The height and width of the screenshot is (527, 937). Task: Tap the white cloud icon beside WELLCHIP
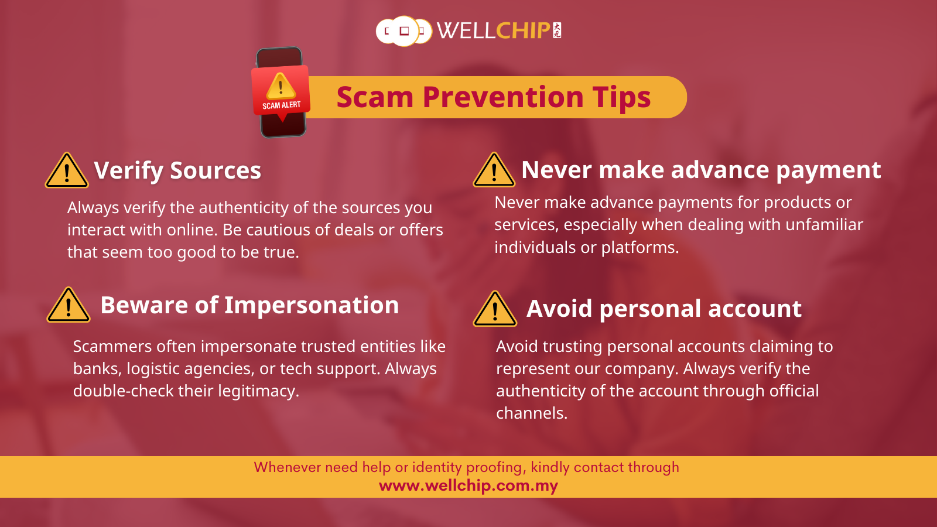point(403,31)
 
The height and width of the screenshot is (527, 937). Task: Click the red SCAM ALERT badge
point(281,91)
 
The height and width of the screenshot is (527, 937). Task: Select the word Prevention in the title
point(503,97)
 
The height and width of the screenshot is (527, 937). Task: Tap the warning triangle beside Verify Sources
point(67,170)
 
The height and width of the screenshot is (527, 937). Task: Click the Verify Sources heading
point(177,170)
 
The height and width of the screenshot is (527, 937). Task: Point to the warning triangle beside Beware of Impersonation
point(69,305)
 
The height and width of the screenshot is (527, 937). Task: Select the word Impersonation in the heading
point(312,305)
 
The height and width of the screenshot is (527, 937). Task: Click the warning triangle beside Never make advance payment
point(494,169)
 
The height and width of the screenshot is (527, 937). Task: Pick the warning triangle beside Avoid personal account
point(495,309)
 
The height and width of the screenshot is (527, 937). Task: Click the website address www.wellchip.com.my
point(468,485)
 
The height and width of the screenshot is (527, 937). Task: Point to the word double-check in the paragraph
point(123,391)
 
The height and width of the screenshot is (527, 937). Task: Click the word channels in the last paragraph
point(532,413)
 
